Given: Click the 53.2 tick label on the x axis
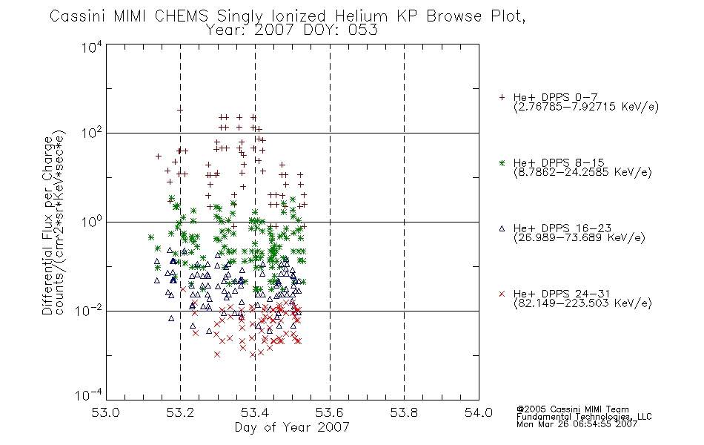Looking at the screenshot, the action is click(x=180, y=412).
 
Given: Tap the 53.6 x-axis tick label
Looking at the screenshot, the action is click(x=330, y=412).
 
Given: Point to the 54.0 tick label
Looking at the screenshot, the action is click(x=479, y=412).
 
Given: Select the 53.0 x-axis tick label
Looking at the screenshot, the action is click(x=105, y=412).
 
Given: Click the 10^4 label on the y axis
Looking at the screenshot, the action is click(x=91, y=47).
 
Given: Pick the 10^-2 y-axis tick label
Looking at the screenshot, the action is click(x=88, y=310).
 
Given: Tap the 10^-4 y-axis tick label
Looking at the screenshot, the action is click(x=88, y=395).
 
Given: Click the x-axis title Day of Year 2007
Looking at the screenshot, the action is click(x=292, y=427).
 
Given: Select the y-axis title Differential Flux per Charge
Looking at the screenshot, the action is click(x=47, y=225).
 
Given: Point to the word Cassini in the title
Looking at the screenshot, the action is click(x=77, y=16).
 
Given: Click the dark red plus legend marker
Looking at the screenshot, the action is click(x=502, y=97).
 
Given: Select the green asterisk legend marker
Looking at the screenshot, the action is click(x=502, y=162).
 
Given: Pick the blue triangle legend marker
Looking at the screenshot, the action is click(x=502, y=228).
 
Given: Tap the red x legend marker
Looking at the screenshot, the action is click(x=502, y=294).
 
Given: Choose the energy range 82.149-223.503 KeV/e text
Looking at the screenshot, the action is click(x=582, y=303).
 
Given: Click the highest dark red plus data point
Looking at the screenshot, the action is click(x=180, y=110).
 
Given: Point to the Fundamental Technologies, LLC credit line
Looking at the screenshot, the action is click(x=584, y=417).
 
